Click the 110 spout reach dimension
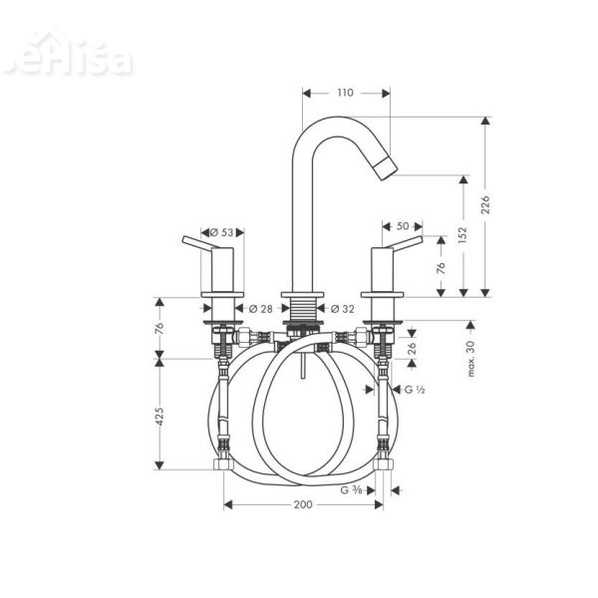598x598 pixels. [x=345, y=93]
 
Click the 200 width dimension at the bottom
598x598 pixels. [x=303, y=505]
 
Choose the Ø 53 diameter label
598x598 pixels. [x=224, y=232]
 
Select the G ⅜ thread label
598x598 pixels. [x=351, y=489]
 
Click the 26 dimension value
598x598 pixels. [x=412, y=348]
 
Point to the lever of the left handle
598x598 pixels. [x=199, y=243]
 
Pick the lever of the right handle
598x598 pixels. [x=406, y=243]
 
